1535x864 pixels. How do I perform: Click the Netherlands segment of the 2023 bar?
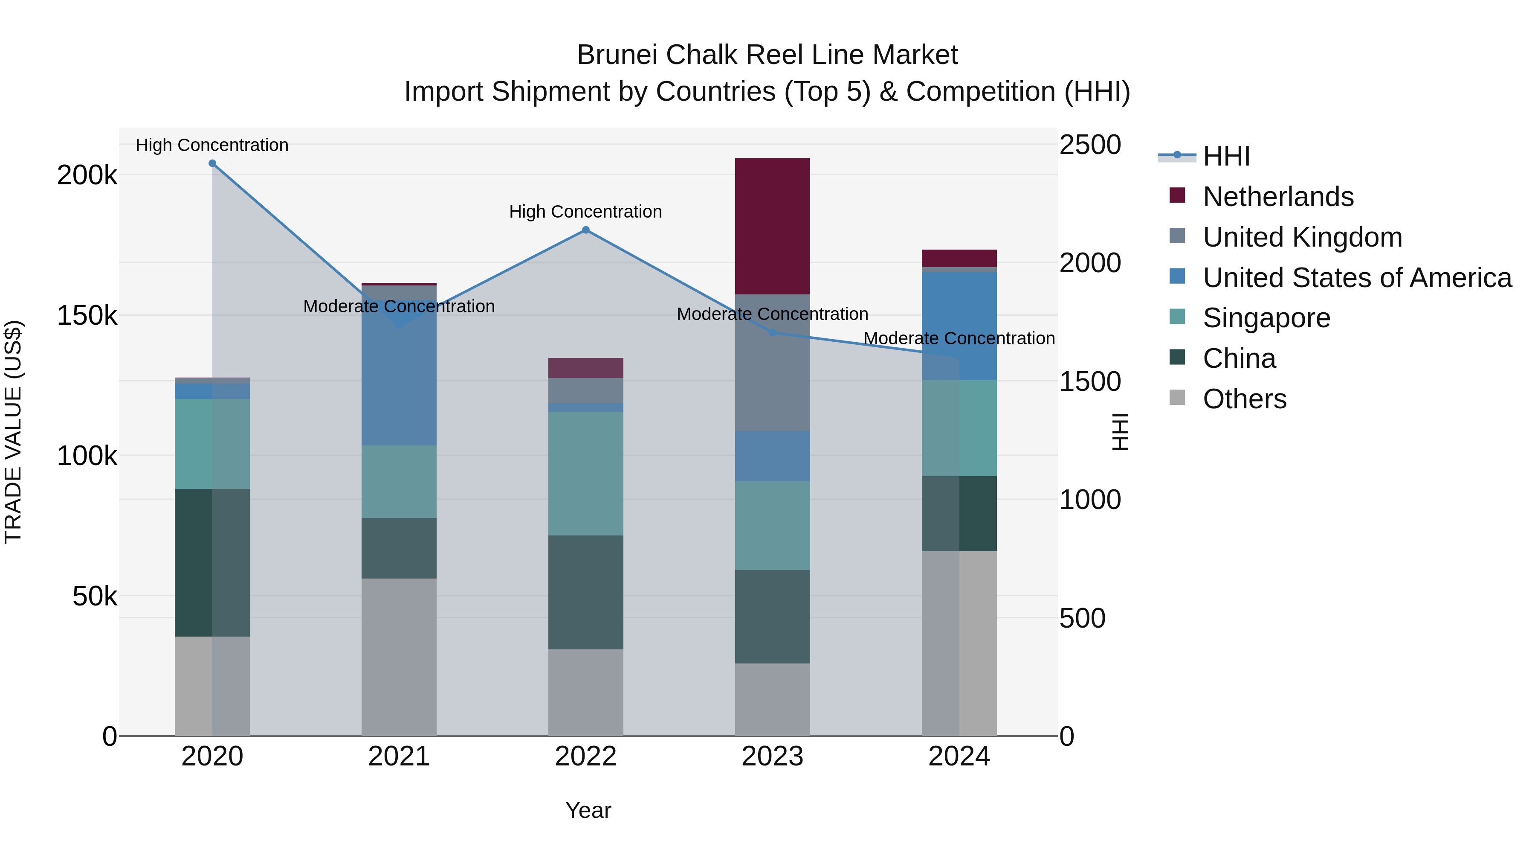[x=772, y=227]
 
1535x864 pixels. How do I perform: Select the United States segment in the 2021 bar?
[x=399, y=381]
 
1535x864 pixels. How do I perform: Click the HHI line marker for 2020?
[x=212, y=163]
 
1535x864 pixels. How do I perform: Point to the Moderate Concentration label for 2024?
[x=959, y=338]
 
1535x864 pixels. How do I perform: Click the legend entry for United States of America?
[x=1356, y=278]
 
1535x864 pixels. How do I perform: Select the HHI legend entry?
[x=1226, y=156]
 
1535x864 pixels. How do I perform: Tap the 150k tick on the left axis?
[x=87, y=316]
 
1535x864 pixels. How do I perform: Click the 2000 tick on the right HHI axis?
[x=1089, y=263]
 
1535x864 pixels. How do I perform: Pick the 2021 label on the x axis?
[x=399, y=756]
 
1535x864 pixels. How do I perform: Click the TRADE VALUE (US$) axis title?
[x=13, y=432]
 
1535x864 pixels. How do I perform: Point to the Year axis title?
[x=588, y=810]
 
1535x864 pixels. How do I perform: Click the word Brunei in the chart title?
[x=616, y=55]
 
